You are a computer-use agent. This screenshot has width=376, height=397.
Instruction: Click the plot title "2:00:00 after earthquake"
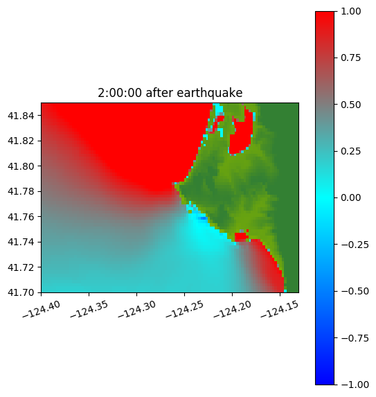click(170, 93)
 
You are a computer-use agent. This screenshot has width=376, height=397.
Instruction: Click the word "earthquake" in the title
click(210, 93)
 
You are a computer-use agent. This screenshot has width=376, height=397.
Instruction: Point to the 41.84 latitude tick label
click(21, 116)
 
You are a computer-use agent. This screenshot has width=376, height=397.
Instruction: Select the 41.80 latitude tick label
click(21, 166)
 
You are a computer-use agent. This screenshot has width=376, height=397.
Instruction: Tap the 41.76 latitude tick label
click(21, 217)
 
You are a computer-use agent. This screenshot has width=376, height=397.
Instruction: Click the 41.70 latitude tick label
click(21, 292)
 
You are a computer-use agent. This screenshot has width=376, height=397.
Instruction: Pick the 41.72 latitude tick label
click(21, 267)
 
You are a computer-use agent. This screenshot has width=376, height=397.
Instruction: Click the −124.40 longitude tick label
click(42, 309)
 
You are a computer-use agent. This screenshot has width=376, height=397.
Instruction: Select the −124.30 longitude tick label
click(137, 309)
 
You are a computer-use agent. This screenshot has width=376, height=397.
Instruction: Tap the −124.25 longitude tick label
click(185, 309)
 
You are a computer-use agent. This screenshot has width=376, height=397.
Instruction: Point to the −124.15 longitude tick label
click(280, 309)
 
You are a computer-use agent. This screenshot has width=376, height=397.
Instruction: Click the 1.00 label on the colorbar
click(350, 11)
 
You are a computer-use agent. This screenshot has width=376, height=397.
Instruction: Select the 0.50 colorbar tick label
click(350, 105)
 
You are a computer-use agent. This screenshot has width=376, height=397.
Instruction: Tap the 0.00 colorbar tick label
click(350, 197)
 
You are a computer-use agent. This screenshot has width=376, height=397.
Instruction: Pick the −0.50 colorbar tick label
click(355, 291)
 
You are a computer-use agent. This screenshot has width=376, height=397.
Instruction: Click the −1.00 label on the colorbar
click(355, 385)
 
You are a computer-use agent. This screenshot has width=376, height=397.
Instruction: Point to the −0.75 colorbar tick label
click(355, 338)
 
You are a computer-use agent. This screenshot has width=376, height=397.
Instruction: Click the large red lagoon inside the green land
click(240, 136)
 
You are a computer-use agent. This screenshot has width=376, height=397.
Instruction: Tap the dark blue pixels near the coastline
click(203, 218)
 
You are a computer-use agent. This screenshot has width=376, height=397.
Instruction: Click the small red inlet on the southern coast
click(241, 236)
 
